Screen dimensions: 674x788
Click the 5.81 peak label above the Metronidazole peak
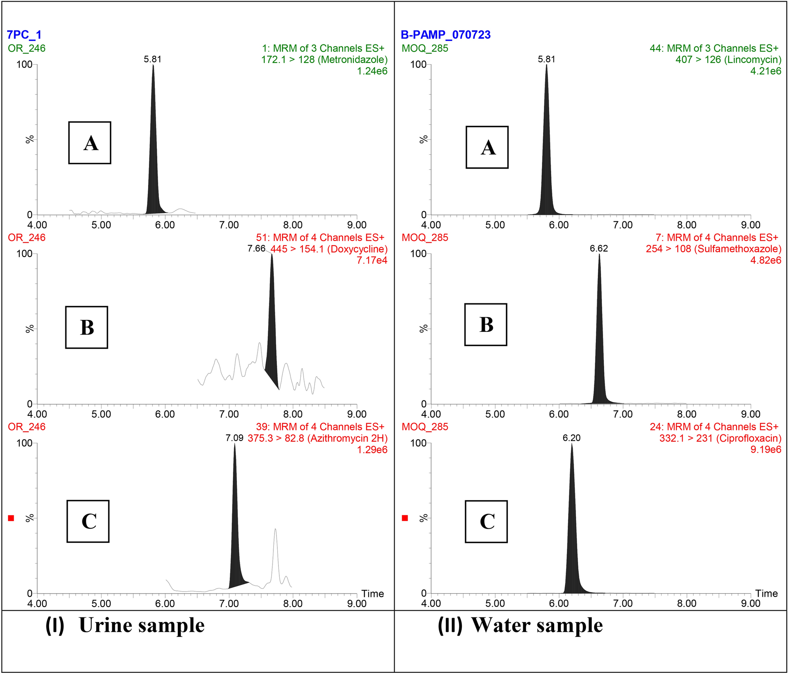153,59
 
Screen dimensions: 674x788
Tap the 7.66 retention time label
256,249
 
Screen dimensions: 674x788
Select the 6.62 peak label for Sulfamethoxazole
599,249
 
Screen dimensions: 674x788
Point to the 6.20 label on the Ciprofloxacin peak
571,438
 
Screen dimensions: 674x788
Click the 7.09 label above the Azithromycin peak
234,438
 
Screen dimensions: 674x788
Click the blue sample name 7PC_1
24,35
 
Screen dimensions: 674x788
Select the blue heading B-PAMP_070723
446,35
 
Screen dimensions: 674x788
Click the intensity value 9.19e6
765,449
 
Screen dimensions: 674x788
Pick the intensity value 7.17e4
372,260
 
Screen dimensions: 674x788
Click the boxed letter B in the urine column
87,327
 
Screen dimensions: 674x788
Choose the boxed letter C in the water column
487,522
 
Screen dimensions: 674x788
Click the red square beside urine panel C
11,518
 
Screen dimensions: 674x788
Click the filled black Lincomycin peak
547,158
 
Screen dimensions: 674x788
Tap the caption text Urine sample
141,625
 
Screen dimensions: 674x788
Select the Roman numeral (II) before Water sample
450,625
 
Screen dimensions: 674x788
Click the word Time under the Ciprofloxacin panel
766,594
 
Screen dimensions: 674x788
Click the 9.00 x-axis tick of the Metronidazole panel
357,225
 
